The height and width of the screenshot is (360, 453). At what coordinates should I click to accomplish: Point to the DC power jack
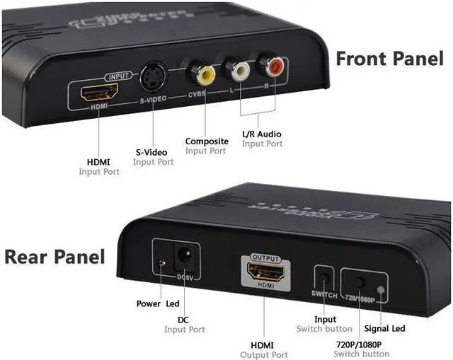pos(185,255)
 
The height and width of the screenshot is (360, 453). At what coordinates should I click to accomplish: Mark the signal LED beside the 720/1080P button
pos(382,289)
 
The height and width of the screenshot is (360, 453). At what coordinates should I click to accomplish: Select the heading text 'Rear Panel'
pos(55,256)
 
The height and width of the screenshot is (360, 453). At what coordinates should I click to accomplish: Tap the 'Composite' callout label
pos(206,141)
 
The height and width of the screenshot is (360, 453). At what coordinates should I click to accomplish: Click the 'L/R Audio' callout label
pos(261,134)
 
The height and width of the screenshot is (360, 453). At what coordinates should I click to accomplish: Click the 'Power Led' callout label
pos(157,304)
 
